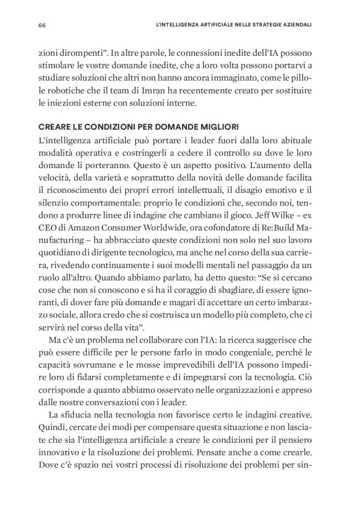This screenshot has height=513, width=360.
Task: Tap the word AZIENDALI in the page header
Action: (x=294, y=25)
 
